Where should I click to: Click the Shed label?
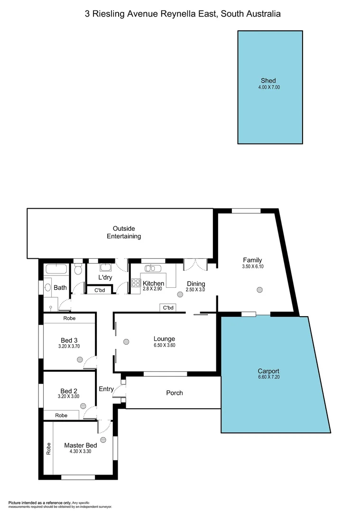[x=268, y=81]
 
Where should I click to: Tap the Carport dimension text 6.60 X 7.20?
[x=268, y=378]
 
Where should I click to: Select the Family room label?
[x=252, y=260]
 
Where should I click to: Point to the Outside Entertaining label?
[x=124, y=232]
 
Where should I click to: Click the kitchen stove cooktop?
[x=135, y=283]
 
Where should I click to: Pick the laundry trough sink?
[x=105, y=267]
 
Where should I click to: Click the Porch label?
[x=174, y=393]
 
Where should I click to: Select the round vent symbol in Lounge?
[x=126, y=341]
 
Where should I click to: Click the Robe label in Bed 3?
[x=69, y=319]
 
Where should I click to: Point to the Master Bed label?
[x=81, y=446]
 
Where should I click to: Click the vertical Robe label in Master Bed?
[x=48, y=448]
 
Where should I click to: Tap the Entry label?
[x=106, y=389]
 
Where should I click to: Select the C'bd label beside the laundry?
[x=100, y=290]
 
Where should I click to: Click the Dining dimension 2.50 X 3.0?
[x=195, y=290]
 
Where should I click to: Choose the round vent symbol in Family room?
[x=259, y=290]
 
